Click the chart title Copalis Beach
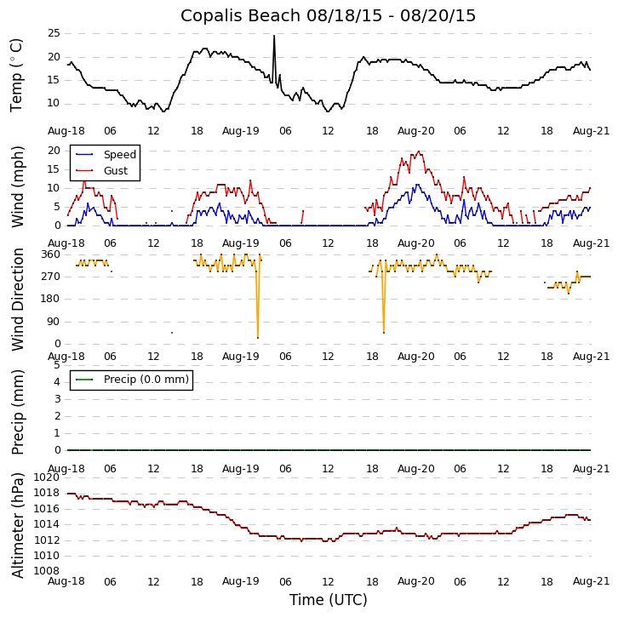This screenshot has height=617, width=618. click(328, 15)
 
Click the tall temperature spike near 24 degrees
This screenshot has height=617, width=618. click(274, 37)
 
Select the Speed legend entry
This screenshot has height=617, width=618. click(119, 155)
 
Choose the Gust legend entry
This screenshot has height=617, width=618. click(115, 171)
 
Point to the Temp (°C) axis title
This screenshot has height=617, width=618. click(17, 75)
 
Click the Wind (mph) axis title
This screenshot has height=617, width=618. click(17, 186)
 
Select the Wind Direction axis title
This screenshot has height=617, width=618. click(17, 299)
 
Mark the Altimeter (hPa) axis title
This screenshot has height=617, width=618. click(17, 524)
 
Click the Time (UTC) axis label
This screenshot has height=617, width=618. click(328, 600)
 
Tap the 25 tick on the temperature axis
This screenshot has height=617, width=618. click(53, 33)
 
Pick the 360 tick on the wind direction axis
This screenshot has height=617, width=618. click(50, 254)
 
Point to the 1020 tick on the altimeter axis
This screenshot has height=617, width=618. click(47, 477)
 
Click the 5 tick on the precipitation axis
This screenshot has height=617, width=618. click(56, 365)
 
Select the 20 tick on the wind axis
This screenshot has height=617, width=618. click(53, 151)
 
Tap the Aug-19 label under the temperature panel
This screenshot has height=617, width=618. click(241, 131)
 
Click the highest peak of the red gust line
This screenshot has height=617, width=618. click(418, 151)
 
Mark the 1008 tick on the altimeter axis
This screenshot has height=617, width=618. click(47, 570)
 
